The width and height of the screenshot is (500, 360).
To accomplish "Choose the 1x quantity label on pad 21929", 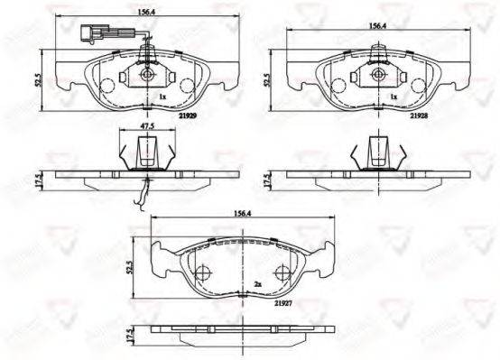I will click(162, 95).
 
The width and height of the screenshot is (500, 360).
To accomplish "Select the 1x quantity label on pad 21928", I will click(393, 95).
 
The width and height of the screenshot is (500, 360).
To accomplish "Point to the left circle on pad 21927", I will click(202, 272).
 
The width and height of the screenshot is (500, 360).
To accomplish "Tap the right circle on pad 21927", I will click(282, 272).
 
